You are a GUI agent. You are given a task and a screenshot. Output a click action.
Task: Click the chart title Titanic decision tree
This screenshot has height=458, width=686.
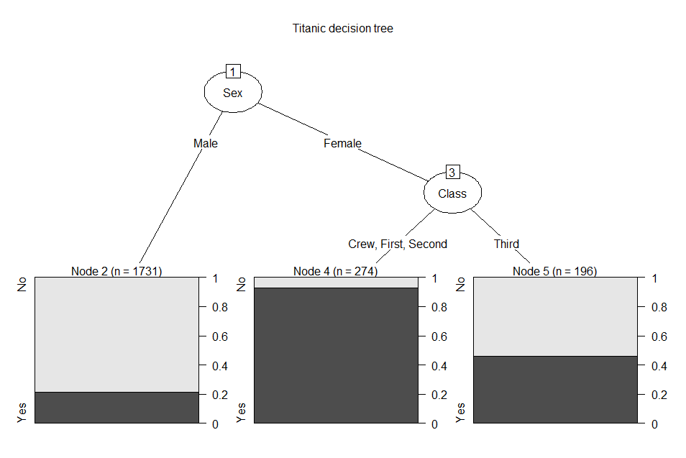(x=342, y=29)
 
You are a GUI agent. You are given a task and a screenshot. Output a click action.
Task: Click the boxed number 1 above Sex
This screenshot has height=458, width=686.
(x=233, y=71)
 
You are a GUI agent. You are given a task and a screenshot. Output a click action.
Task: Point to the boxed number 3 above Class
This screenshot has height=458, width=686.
(x=452, y=173)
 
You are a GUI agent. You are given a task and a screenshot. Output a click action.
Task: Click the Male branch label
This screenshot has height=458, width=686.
(x=206, y=144)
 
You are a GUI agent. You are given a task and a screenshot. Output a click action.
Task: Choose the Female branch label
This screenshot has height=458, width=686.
(x=342, y=144)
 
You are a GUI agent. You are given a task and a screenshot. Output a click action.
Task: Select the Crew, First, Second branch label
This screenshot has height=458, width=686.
(x=398, y=244)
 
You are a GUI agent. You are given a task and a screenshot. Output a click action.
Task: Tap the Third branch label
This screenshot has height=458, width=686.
(x=507, y=244)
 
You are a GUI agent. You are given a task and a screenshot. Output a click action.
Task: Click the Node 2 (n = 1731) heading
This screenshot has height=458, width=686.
(x=116, y=271)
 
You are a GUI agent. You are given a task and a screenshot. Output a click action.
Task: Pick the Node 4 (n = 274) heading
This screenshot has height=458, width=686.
(x=336, y=271)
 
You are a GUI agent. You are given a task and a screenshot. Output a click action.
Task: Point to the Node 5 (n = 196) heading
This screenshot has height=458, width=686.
(x=554, y=271)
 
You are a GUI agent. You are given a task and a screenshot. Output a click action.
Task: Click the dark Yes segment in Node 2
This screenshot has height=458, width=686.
(x=116, y=408)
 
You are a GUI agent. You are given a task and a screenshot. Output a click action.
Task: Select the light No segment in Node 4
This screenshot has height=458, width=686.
(x=336, y=283)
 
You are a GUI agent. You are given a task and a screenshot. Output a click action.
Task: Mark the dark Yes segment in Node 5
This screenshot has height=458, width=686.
(x=555, y=390)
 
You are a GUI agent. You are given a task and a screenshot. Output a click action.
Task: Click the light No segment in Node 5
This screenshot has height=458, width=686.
(x=555, y=316)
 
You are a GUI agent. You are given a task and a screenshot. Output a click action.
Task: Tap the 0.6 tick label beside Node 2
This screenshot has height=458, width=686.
(x=220, y=336)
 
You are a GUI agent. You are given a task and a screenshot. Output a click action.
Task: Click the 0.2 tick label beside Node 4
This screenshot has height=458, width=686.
(x=439, y=395)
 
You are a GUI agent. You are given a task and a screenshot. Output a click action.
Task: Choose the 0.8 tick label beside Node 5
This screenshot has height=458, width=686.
(x=659, y=308)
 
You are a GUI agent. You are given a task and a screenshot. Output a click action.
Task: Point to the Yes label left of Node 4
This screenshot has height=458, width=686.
(x=241, y=413)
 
